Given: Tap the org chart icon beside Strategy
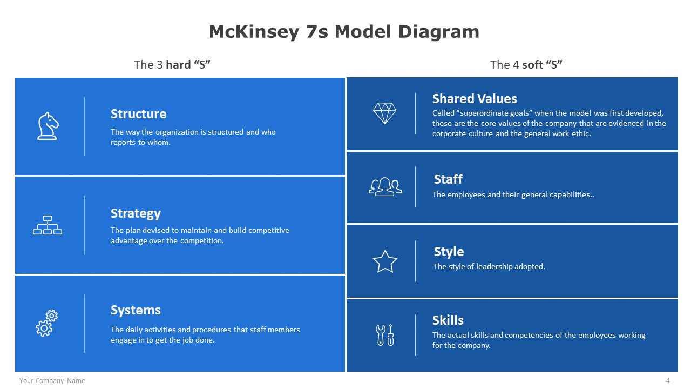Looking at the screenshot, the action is [48, 225].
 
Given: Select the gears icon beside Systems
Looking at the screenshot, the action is [47, 323].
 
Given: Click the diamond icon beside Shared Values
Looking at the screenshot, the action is [384, 113].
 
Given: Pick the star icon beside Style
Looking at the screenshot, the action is [385, 261].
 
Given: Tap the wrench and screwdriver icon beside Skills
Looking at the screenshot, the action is [385, 335].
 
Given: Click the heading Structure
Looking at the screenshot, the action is [139, 114].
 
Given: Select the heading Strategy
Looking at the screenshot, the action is [136, 213].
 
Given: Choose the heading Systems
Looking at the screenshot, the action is [136, 310].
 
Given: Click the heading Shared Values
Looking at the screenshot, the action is [475, 99].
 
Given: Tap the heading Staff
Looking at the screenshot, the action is [448, 179].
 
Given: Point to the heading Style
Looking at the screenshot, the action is [449, 252].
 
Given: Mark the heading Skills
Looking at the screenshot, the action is [448, 320].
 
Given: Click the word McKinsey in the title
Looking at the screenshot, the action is [254, 32].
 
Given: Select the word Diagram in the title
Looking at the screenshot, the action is [439, 32].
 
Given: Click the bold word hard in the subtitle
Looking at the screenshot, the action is [178, 65].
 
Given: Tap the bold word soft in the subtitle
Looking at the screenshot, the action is [532, 65].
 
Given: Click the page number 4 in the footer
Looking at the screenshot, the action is [668, 381].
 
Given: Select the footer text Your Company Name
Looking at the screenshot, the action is [52, 381].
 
